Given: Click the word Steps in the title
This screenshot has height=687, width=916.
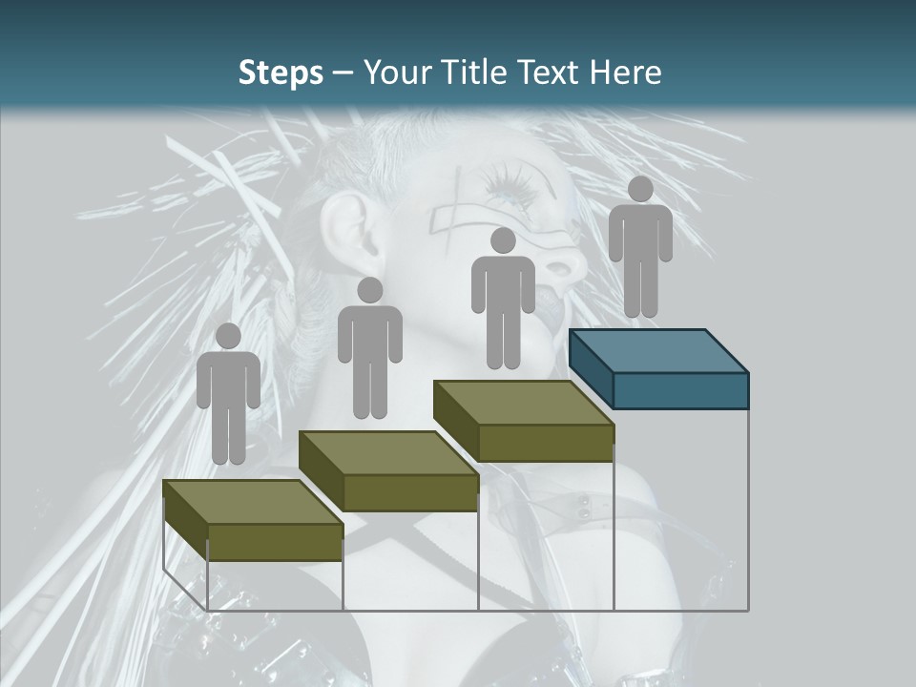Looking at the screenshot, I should pos(281,73).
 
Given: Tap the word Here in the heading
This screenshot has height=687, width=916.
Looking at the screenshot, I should pos(626,73).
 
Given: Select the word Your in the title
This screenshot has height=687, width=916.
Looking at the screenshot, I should pos(391,73).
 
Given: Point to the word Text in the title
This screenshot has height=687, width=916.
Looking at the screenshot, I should pos(549,73).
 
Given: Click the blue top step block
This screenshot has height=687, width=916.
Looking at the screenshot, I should pos(658,368).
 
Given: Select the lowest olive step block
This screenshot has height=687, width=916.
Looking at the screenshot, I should pos(253,520).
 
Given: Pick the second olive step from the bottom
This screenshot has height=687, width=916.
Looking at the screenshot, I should pos(388,470).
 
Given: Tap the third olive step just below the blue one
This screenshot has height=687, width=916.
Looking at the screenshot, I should pos(524,421).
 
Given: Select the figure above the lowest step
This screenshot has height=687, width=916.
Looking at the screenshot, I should pos(228,394).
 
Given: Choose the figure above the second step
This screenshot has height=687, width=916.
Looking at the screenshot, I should pos(369,348).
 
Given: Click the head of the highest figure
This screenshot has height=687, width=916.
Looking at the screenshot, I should pos(640,189).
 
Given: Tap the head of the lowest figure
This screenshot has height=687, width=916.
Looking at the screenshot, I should pos(228,336).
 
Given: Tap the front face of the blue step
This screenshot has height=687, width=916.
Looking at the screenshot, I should pos(680,390).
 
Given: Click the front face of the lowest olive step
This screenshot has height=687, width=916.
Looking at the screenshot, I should pos(275,542).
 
